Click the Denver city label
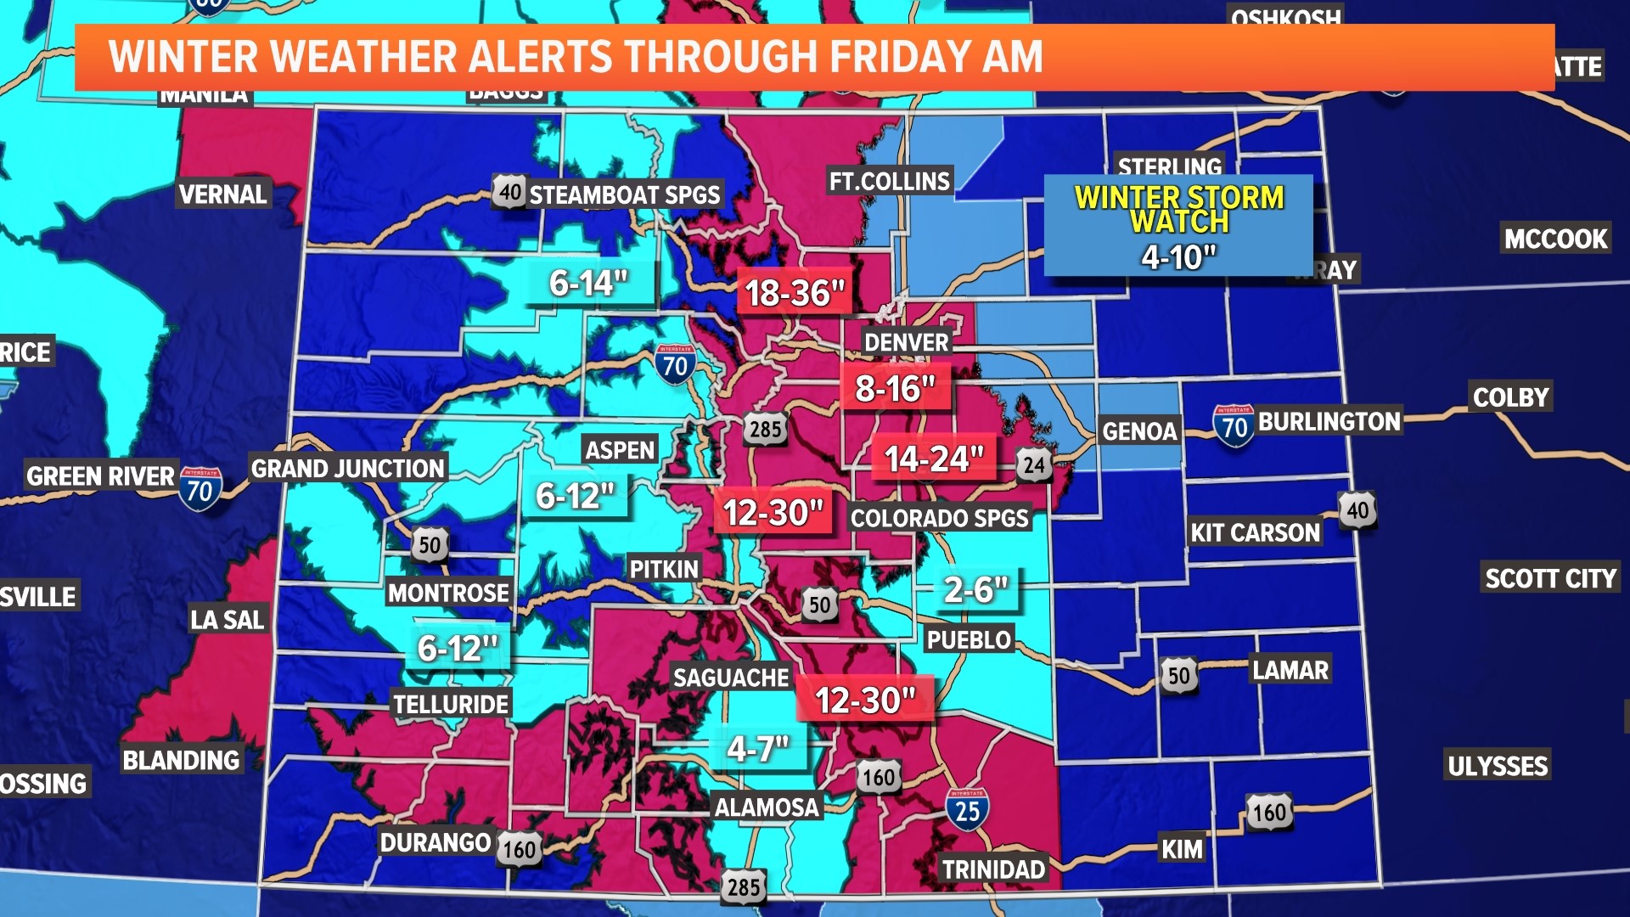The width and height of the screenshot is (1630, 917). coord(906,342)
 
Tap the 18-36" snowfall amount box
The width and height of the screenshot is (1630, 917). coord(795,293)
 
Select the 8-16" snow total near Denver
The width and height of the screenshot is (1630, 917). coord(895,389)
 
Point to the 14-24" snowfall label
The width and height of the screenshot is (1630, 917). coord(933,458)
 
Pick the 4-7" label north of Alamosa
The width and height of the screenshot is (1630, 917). coord(758,749)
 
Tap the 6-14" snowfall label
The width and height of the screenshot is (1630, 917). coord(588,283)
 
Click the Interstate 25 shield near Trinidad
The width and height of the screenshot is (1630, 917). coord(967,809)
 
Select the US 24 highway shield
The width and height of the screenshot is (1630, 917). coord(1034,464)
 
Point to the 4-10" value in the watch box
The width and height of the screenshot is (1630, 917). coord(1178,256)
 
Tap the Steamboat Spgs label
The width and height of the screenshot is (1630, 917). coord(624,194)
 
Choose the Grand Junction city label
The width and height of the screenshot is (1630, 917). coord(348,468)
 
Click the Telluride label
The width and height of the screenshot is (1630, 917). coord(451,704)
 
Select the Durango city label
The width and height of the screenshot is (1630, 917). coord(435,842)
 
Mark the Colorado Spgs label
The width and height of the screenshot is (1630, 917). coord(939,518)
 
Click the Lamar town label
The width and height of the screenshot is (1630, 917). coord(1290,670)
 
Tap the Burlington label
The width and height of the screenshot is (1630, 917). coord(1329,421)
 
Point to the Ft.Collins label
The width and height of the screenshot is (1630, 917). coord(889,181)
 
